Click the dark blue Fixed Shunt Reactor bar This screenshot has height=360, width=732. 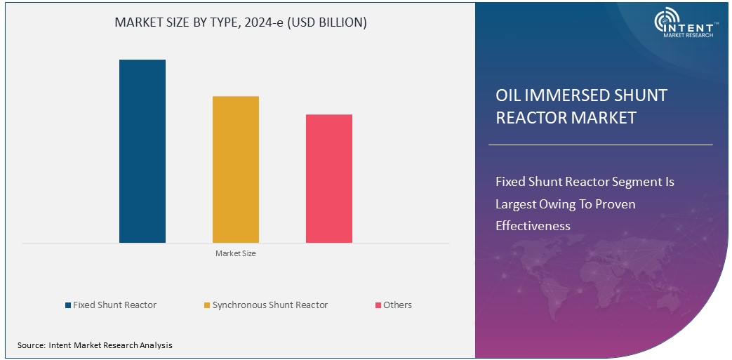[x=142, y=151]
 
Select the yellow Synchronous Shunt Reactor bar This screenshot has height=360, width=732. [x=235, y=169]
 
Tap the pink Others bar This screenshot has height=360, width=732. [x=328, y=178]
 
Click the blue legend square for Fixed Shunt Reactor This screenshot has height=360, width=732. [x=68, y=305]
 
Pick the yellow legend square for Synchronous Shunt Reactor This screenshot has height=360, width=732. [x=206, y=305]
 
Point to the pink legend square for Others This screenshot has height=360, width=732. [x=378, y=305]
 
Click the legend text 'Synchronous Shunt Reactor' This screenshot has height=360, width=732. [x=269, y=305]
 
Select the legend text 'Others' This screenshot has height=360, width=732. [x=397, y=305]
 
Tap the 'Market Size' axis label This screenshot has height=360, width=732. [x=235, y=253]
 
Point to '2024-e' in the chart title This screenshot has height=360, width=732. [x=259, y=22]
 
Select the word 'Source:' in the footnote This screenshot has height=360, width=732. [x=31, y=345]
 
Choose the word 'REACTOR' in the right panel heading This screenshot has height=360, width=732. [x=531, y=118]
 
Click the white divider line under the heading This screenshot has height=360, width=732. [x=600, y=145]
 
